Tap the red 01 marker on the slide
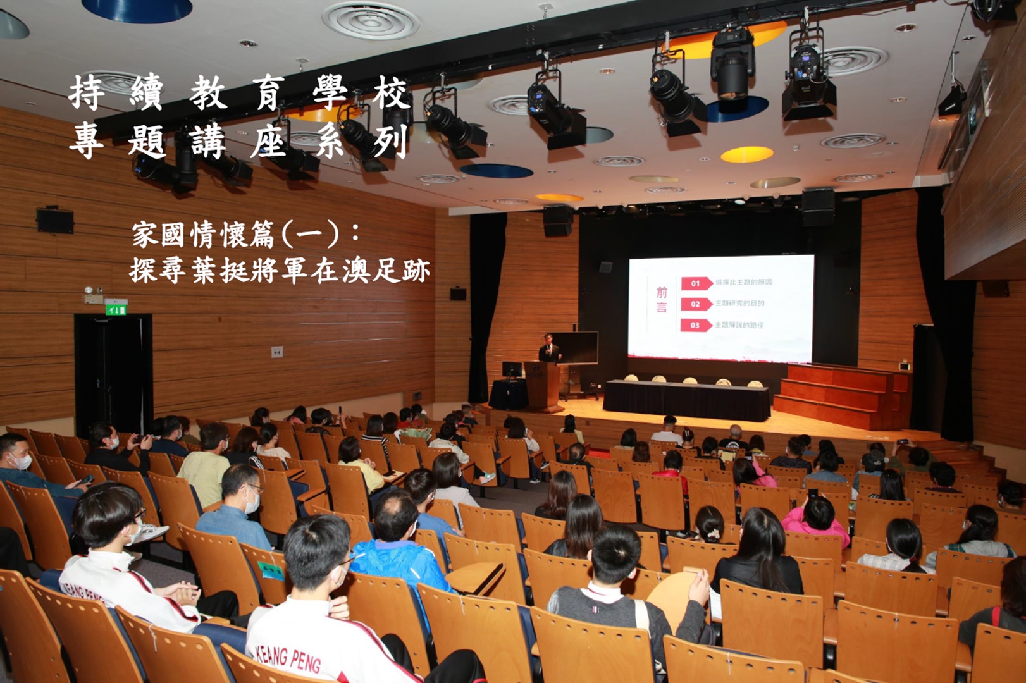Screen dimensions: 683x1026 [x=695, y=283]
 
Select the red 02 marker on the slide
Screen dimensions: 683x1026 [x=695, y=304]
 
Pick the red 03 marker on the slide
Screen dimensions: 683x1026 [x=695, y=325]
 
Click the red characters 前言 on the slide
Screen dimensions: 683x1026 [x=662, y=300]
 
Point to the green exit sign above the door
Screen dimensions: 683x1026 [x=116, y=309]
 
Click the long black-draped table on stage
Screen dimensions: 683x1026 [x=687, y=400]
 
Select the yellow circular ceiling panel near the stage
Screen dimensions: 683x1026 [x=746, y=154]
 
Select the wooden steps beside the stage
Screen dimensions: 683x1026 [x=841, y=395]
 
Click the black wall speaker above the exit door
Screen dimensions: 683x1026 [x=55, y=220]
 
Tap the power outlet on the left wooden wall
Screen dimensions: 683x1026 [x=276, y=352]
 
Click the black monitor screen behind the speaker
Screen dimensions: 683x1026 [x=576, y=347]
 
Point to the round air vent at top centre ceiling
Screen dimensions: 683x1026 [x=371, y=20]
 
